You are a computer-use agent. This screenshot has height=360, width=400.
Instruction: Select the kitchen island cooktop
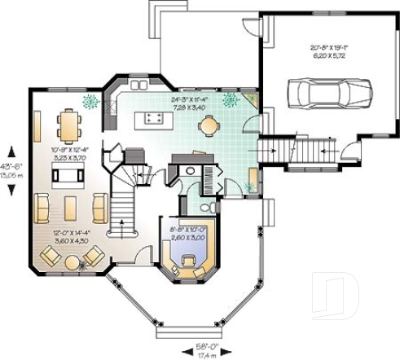(x=152, y=119)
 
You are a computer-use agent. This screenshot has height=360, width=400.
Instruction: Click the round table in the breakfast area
(x=209, y=125)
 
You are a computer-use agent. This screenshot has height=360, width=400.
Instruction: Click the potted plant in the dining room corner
(x=90, y=102)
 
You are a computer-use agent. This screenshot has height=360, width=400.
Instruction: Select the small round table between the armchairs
(x=72, y=262)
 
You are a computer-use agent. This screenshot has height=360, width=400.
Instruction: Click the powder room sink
(x=188, y=171)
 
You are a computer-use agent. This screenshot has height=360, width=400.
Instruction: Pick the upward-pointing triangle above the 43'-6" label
(x=11, y=150)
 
